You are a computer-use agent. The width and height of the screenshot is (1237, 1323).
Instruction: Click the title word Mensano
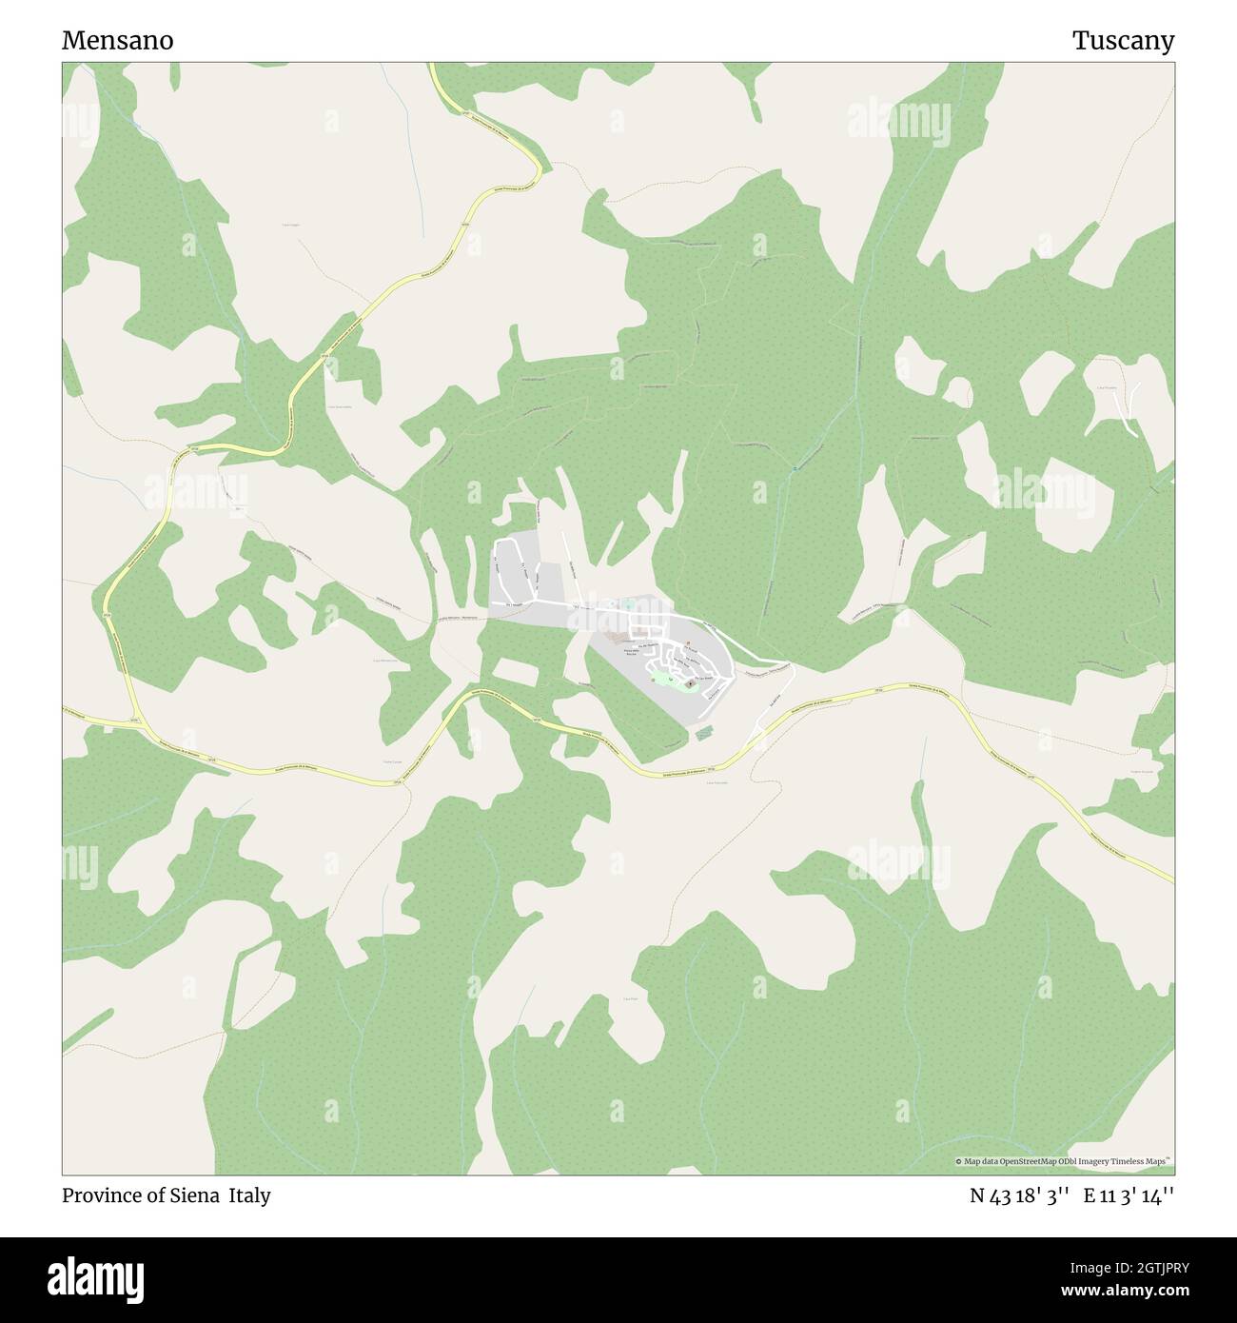(x=118, y=41)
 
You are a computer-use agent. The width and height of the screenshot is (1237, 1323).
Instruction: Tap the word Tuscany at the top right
(x=1123, y=41)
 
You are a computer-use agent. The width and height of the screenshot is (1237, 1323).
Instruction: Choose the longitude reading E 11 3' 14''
(x=1129, y=1195)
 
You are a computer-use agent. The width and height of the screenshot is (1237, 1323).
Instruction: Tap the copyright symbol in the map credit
(x=958, y=1162)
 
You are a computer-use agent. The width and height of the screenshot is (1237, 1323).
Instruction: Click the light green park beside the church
(x=658, y=679)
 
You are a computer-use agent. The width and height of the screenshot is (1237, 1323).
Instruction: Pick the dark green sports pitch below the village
(x=704, y=733)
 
